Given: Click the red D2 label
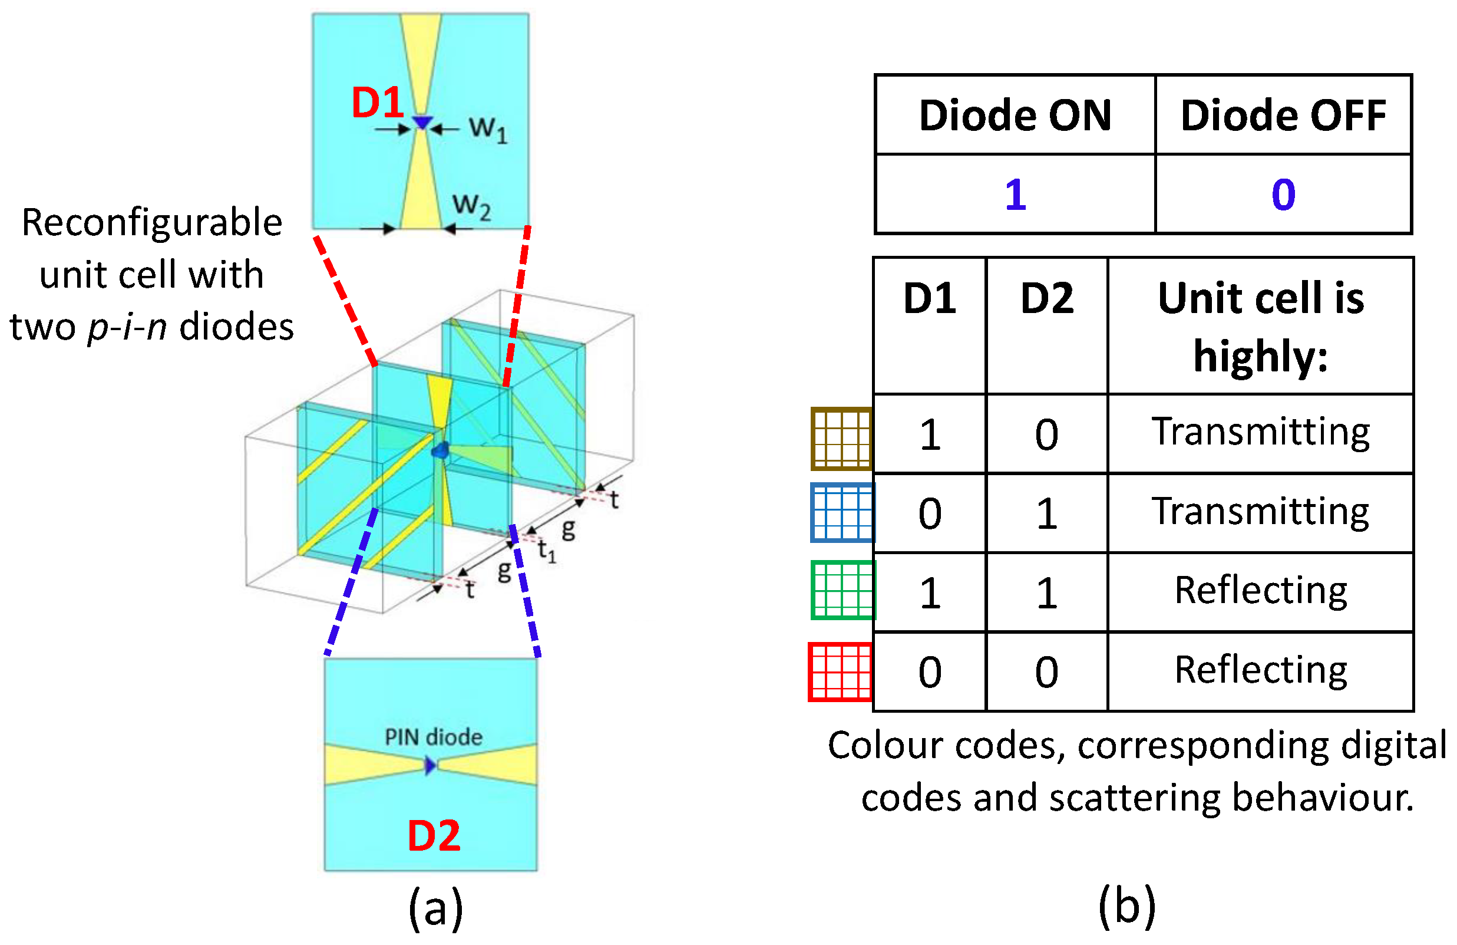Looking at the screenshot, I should tap(434, 836).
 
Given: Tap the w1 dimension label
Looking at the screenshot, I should tap(488, 129).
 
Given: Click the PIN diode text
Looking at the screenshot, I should tap(433, 736).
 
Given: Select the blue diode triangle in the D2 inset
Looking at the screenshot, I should tap(430, 765).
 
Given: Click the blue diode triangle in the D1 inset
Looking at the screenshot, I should tap(422, 123).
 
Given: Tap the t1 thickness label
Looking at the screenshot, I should tap(547, 551).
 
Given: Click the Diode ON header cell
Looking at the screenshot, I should tap(1015, 115).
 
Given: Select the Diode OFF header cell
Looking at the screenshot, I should tap(1283, 115).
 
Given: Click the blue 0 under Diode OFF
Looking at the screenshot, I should tap(1283, 195).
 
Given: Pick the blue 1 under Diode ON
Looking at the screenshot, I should tap(1015, 195).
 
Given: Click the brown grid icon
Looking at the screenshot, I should tap(841, 439).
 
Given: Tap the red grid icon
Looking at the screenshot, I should tap(840, 671).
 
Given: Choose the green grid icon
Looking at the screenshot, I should tap(843, 590).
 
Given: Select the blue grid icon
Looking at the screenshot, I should tap(842, 513).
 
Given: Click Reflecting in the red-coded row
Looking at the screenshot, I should tap(1260, 670).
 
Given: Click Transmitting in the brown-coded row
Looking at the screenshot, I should tap(1260, 432).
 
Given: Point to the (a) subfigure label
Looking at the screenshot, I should tap(435, 908).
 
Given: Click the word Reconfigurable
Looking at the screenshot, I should tap(152, 222).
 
